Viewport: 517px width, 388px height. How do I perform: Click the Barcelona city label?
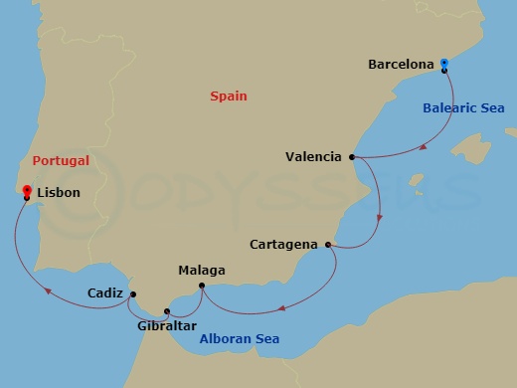(x=401, y=65)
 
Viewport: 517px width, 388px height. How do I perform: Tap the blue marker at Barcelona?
(x=443, y=65)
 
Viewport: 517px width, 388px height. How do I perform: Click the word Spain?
(x=229, y=97)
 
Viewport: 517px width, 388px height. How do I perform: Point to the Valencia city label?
(x=313, y=156)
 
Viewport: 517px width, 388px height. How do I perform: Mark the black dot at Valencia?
(x=352, y=156)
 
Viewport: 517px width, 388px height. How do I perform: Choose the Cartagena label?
(x=284, y=245)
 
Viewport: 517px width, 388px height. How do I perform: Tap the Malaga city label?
(x=201, y=270)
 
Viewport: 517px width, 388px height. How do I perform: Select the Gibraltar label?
(x=168, y=325)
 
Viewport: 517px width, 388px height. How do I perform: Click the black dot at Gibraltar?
(x=167, y=312)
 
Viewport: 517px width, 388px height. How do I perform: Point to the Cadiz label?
(x=105, y=293)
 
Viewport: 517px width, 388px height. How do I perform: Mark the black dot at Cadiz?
(x=133, y=293)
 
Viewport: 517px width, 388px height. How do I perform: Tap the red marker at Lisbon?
(x=26, y=192)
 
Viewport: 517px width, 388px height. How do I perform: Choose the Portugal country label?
(x=60, y=160)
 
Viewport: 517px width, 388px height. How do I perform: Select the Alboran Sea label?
(x=239, y=339)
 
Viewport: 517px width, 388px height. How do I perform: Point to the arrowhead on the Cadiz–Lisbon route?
(x=48, y=291)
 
